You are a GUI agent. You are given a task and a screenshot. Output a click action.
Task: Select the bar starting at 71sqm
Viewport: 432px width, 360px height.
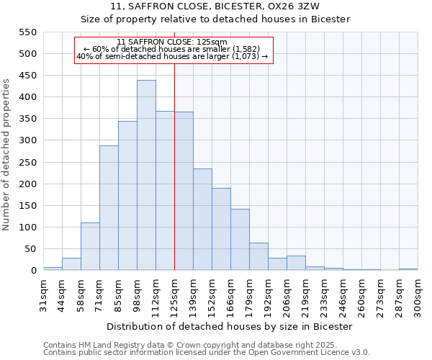point(109,208)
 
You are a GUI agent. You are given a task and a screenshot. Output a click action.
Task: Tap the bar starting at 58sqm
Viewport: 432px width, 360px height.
point(90,246)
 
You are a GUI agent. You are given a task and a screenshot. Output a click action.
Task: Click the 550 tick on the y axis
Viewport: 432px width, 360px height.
point(27,32)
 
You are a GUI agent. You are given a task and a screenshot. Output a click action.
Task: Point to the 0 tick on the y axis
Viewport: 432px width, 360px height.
point(32,271)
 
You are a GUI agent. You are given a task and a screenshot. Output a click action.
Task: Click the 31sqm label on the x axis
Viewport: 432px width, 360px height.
point(43,294)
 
